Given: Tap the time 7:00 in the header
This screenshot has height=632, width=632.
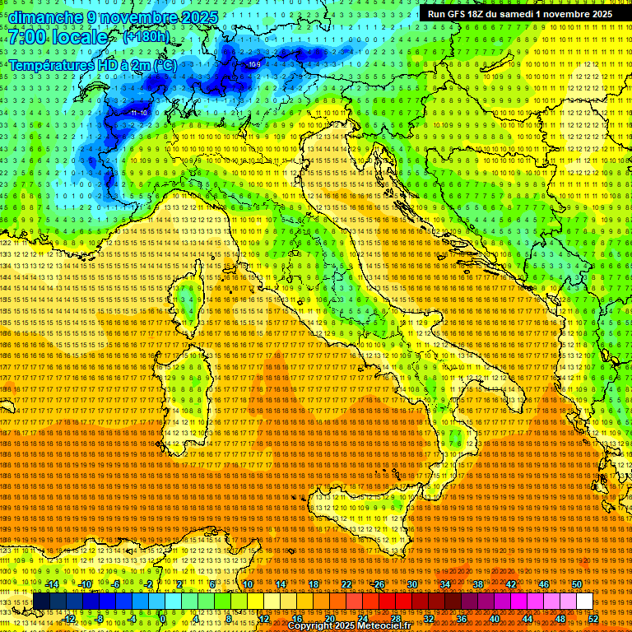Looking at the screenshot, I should point(31,37).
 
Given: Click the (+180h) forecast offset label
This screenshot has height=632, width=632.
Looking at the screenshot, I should point(146,37).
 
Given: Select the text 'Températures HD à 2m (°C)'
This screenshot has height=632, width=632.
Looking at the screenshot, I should point(92,64).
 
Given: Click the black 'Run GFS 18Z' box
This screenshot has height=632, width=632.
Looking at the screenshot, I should point(519,14).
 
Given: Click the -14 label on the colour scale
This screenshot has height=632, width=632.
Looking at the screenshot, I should point(53,583).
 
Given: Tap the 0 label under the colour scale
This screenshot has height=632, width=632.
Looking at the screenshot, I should point(164,619).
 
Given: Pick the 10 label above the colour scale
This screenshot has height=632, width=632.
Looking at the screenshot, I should point(248,583).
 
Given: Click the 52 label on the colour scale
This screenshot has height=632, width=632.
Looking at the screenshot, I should point(593,619).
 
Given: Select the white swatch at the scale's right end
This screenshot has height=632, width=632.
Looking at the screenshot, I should point(584,602).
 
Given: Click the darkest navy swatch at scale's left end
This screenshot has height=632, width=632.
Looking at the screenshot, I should point(41,602).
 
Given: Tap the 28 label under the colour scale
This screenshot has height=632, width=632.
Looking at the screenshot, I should point(395,619).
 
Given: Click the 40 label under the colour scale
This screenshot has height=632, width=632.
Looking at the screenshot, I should point(494,619).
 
